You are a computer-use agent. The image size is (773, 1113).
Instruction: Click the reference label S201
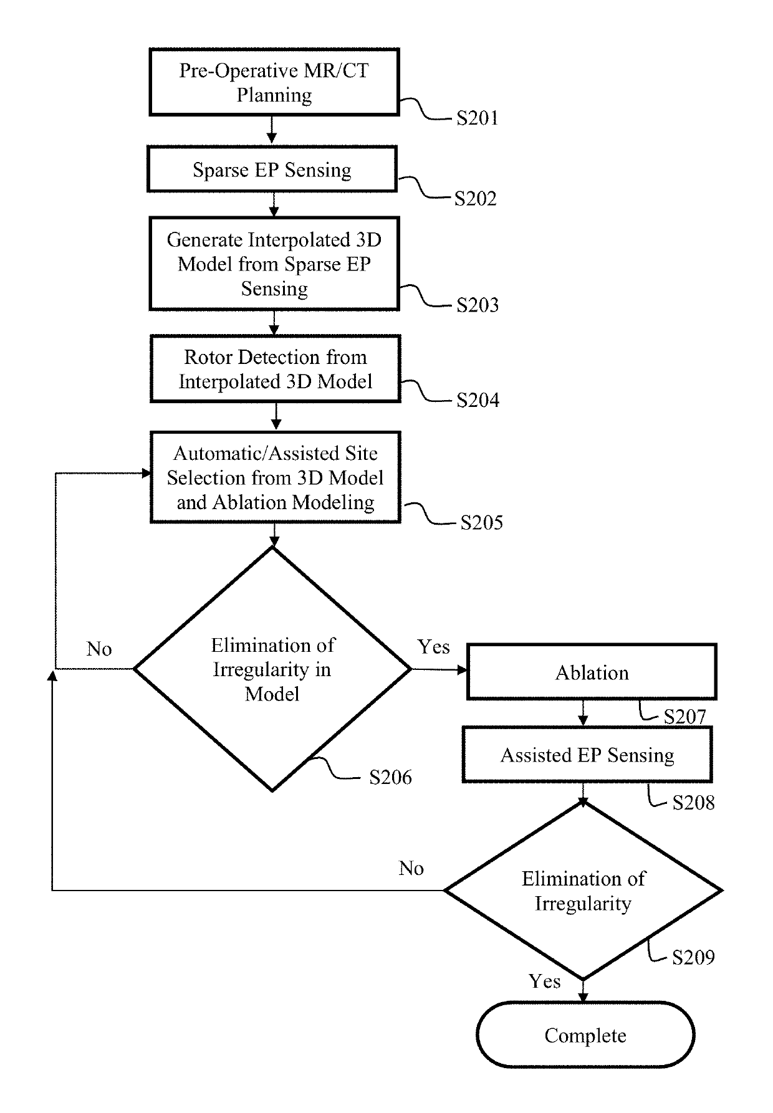tap(478, 118)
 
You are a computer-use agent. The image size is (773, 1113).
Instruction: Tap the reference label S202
tap(476, 198)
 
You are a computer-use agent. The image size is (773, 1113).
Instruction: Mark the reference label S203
tap(478, 305)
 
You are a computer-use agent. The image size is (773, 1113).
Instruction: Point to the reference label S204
tap(478, 399)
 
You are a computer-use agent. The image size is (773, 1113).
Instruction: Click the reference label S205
tap(482, 522)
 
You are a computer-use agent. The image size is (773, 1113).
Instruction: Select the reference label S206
tap(391, 777)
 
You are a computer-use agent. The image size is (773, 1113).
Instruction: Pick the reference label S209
tap(693, 957)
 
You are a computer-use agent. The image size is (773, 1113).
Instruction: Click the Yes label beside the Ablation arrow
tap(434, 647)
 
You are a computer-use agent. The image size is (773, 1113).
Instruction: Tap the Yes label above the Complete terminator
tap(545, 982)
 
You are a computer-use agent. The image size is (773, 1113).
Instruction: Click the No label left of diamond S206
tap(99, 649)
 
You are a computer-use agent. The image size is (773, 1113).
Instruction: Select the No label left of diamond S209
tap(411, 868)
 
